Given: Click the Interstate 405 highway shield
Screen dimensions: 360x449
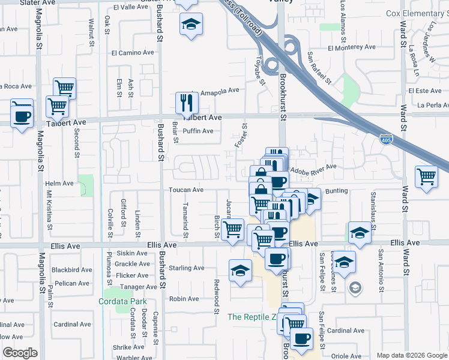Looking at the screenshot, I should [387, 140].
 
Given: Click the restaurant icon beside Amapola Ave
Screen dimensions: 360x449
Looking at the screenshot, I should [187, 103].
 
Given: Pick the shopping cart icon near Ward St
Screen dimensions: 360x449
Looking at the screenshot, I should [426, 177].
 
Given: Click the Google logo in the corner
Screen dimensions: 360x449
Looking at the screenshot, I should [20, 353].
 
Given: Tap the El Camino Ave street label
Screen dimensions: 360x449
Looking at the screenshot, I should [132, 53].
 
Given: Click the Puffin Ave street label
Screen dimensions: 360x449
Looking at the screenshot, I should [198, 131].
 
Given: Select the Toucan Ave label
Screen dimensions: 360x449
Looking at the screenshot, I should [186, 190].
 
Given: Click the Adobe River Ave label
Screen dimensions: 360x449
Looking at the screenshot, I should [313, 169].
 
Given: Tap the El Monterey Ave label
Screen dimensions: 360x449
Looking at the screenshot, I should [351, 47].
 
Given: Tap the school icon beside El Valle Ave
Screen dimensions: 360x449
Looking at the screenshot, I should [191, 24].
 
